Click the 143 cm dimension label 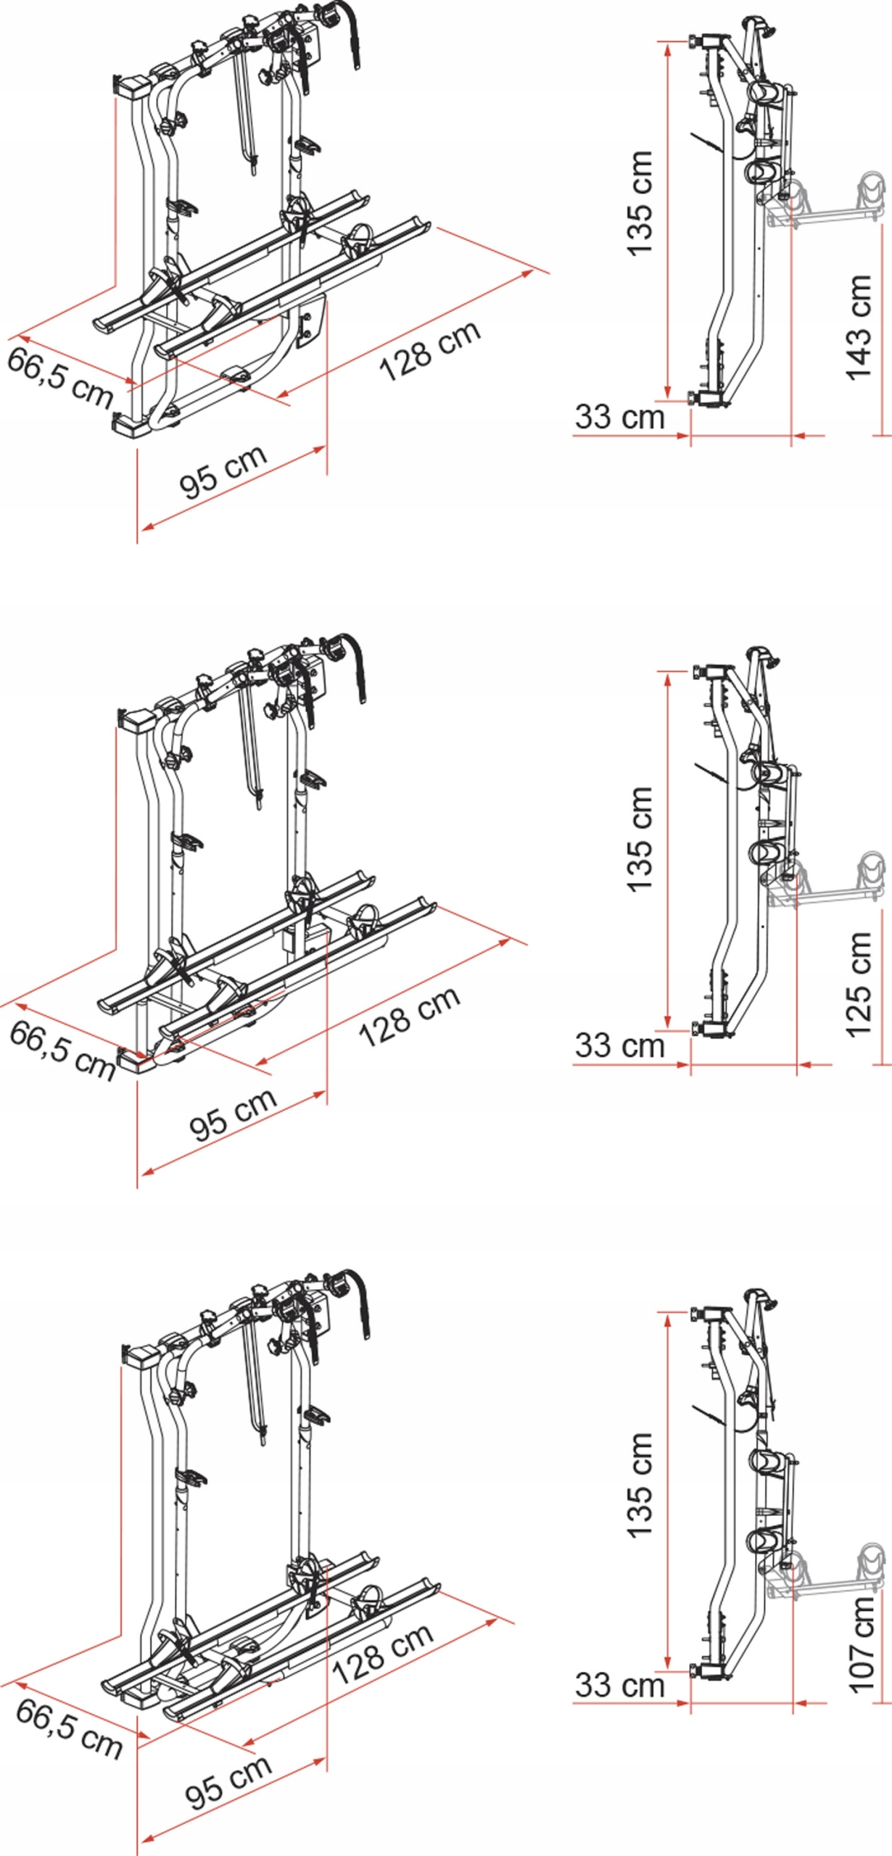859,327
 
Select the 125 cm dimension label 859,985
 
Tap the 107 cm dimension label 862,1645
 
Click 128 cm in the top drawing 430,350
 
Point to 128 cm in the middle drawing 410,1016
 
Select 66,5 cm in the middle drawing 62,1051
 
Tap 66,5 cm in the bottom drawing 69,1728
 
